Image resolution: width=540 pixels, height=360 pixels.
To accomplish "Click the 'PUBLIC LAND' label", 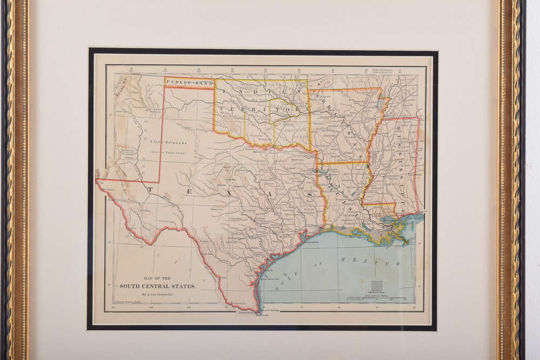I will pyautogui.click(x=189, y=83).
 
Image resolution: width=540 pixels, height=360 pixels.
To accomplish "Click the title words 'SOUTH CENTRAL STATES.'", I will pyautogui.click(x=158, y=286).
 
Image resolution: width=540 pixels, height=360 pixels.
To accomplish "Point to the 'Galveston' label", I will pyautogui.click(x=310, y=242).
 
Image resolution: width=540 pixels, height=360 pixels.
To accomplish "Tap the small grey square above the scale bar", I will pyautogui.click(x=376, y=286).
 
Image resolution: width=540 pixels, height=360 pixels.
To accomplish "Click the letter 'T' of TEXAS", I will pyautogui.click(x=152, y=190).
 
